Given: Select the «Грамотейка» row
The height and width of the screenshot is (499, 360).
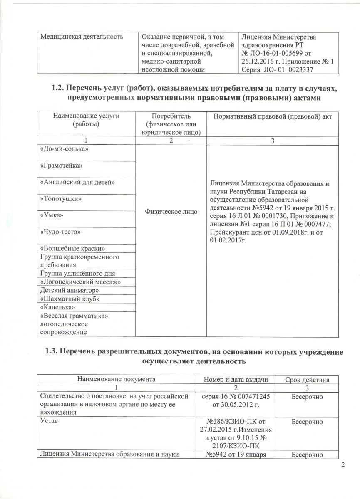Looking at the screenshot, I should [61, 166].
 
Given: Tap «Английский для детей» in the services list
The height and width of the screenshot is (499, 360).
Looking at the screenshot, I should [77, 183].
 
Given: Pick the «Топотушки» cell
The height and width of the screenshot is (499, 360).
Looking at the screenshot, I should [61, 199].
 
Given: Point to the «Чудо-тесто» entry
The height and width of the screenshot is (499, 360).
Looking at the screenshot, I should [60, 231].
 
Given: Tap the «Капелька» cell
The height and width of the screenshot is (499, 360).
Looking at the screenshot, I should [58, 307].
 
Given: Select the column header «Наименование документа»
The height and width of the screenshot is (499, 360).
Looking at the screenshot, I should [117, 379].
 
